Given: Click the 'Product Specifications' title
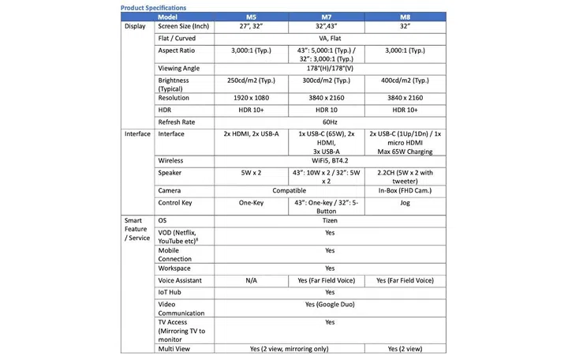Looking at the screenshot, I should (154, 7).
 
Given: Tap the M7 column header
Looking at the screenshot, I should (326, 17).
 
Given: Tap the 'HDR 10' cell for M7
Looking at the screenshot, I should (326, 110).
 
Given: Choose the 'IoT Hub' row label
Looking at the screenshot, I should (170, 292).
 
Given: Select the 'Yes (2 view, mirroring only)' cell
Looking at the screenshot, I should (287, 348).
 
